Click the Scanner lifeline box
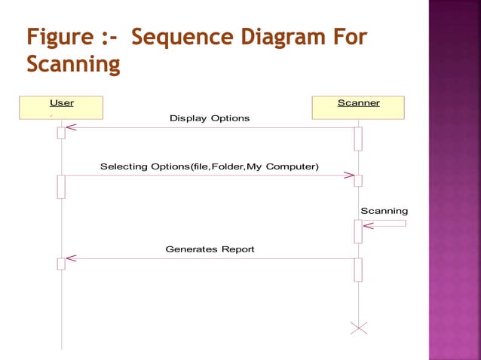(x=358, y=108)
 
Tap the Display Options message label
(x=209, y=118)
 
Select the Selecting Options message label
(x=209, y=166)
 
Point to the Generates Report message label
(x=210, y=249)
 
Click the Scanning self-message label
(x=384, y=211)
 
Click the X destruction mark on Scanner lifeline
(x=359, y=328)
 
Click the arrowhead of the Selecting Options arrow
(x=349, y=175)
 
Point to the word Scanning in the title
(x=73, y=66)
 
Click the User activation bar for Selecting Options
(x=61, y=186)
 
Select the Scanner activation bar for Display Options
(x=358, y=138)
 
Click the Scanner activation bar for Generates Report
(x=358, y=269)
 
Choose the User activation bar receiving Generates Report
(x=61, y=263)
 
